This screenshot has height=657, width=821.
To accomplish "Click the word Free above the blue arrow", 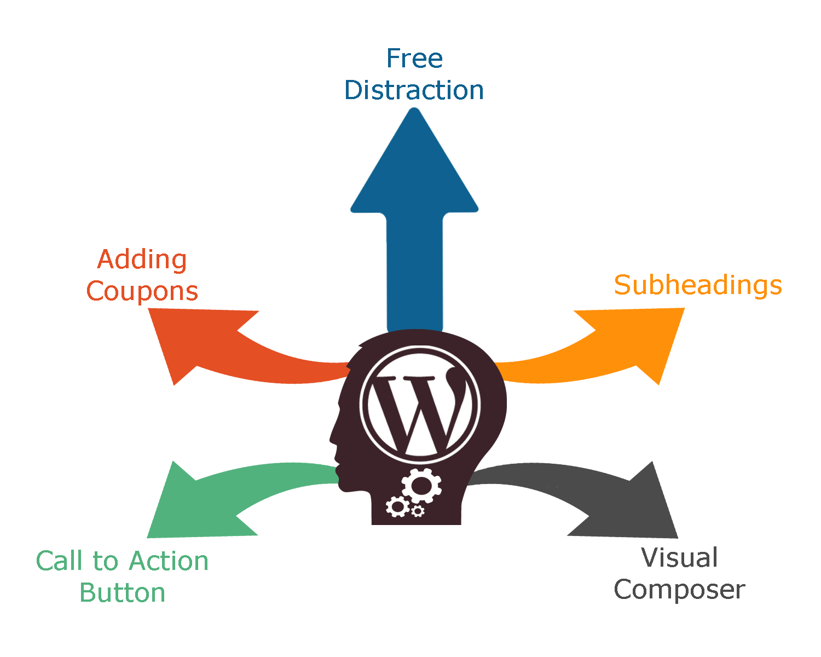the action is pos(415,59).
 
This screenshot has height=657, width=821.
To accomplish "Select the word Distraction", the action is pos(414,90).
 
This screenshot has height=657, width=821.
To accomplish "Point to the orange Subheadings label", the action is pos(698,286).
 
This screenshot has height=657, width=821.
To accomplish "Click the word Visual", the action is pos(679,558).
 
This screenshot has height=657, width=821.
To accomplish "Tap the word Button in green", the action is pos(123,593).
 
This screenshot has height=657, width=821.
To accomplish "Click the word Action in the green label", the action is pos(169,561).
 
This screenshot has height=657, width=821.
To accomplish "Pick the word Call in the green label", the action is pos(59,561).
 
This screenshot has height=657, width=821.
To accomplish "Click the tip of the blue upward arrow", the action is pos(414,108).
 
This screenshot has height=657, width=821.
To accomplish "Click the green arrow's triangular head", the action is pos(194,504).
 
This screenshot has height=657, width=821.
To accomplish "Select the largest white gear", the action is pos(421,486).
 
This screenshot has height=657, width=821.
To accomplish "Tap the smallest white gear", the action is pos(418,511).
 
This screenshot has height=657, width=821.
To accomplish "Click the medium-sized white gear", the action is pos(397,506).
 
